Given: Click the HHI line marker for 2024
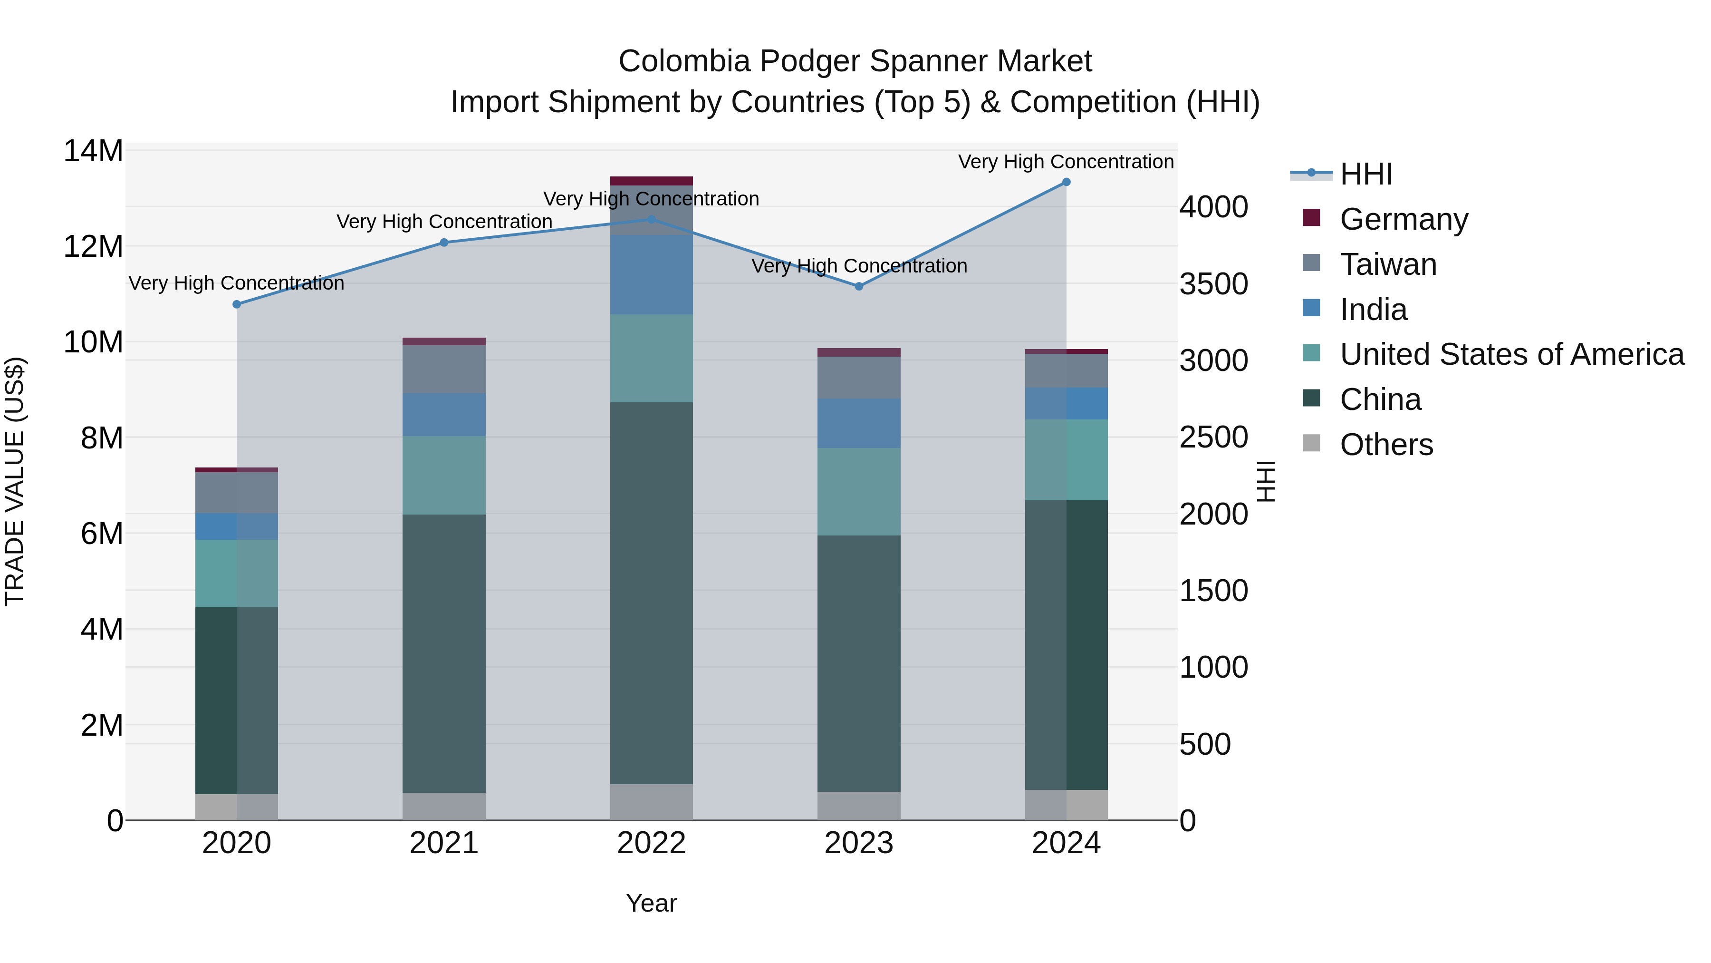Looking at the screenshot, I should click(1066, 182).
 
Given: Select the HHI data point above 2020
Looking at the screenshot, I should click(237, 304).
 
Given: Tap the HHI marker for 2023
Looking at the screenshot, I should click(859, 286).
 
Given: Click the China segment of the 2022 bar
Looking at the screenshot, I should click(652, 592).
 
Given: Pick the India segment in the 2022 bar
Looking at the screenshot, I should click(652, 274).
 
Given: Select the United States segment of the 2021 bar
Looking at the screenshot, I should click(444, 475).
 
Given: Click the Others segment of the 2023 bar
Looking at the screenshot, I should click(859, 806).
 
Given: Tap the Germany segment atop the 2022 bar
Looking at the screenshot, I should click(652, 181).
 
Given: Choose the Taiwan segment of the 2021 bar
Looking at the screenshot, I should click(444, 369).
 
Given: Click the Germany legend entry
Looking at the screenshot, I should click(1403, 219).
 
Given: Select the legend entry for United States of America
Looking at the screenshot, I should click(1511, 354).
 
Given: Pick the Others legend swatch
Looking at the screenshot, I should click(1311, 443).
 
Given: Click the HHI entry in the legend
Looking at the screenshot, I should click(1365, 174).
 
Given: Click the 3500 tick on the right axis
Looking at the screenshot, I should click(1213, 284).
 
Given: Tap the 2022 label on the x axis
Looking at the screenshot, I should click(652, 843).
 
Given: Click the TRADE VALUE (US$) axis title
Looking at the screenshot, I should click(15, 481).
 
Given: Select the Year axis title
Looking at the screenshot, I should click(652, 903).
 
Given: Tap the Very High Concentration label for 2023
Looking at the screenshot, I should click(859, 266).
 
